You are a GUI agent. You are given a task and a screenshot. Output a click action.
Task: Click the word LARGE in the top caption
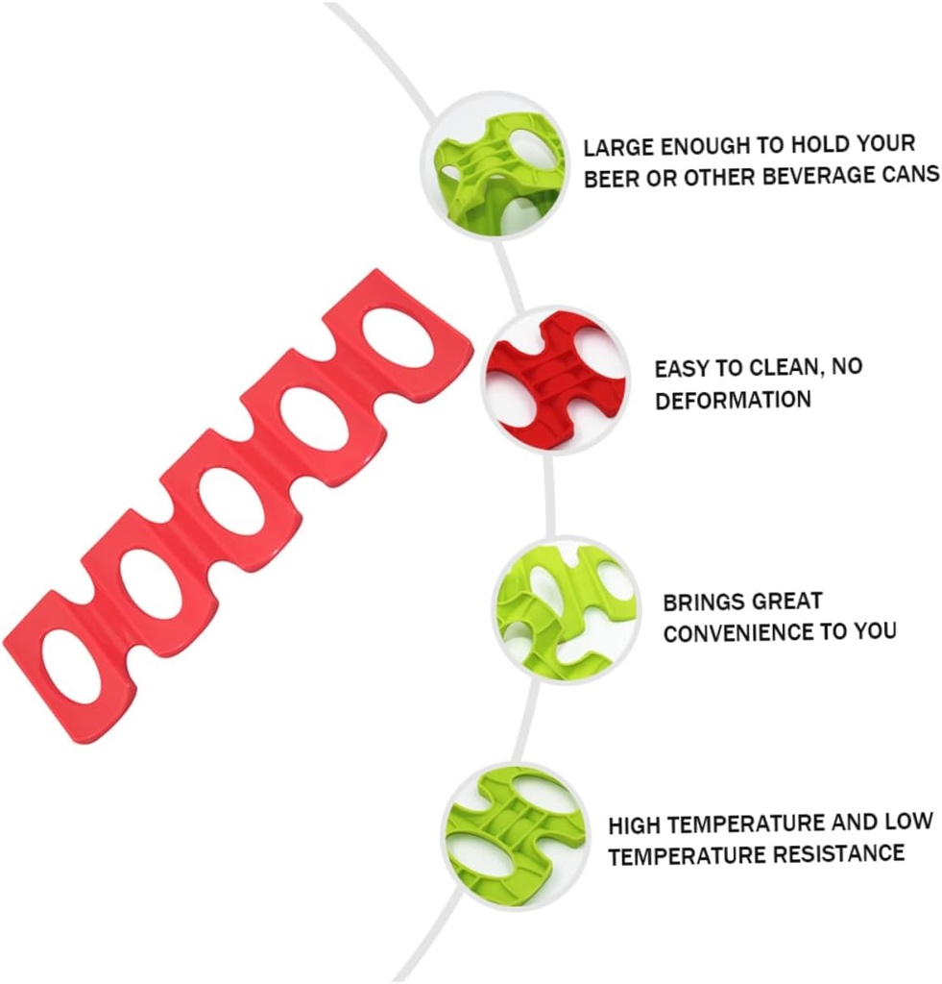pyautogui.click(x=617, y=149)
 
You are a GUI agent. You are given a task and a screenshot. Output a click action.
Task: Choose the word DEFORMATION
pyautogui.click(x=733, y=400)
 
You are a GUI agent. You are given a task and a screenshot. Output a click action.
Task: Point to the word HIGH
pyautogui.click(x=635, y=825)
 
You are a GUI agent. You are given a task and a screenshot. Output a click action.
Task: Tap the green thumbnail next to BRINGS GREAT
pyautogui.click(x=566, y=609)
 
